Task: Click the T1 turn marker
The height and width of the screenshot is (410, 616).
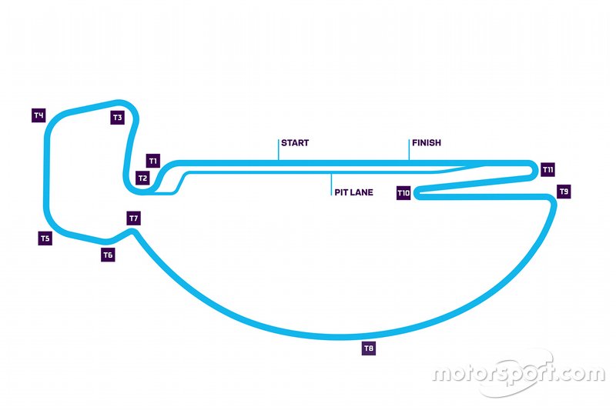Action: pos(152,162)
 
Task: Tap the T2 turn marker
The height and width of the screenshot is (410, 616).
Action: pos(142,178)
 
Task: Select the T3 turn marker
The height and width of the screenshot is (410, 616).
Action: pos(117,118)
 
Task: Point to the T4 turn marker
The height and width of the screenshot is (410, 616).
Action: pos(38,115)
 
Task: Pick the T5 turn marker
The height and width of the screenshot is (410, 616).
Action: pos(45,238)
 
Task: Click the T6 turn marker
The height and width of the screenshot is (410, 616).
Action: pos(108,255)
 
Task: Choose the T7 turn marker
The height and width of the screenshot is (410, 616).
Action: pos(134,218)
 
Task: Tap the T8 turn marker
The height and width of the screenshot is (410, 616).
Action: pos(369,349)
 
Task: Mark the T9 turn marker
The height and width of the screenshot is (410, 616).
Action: pos(564,191)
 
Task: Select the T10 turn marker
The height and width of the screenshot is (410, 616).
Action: pos(403,193)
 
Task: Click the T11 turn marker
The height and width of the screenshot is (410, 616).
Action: pos(548,169)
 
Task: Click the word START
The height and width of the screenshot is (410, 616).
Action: pos(295,143)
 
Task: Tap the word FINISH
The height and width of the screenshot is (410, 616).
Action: pos(427,143)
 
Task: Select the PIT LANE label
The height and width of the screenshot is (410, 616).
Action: pos(354,193)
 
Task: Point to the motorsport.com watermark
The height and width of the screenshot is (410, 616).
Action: pos(517,375)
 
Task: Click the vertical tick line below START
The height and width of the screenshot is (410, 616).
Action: pos(278,150)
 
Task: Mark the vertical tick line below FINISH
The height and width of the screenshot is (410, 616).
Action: pos(409,150)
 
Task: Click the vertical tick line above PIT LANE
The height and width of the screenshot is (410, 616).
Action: pos(332,182)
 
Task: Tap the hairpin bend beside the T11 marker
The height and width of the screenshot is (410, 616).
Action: pos(532,169)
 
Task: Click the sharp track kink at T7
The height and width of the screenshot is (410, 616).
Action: pos(134,232)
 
